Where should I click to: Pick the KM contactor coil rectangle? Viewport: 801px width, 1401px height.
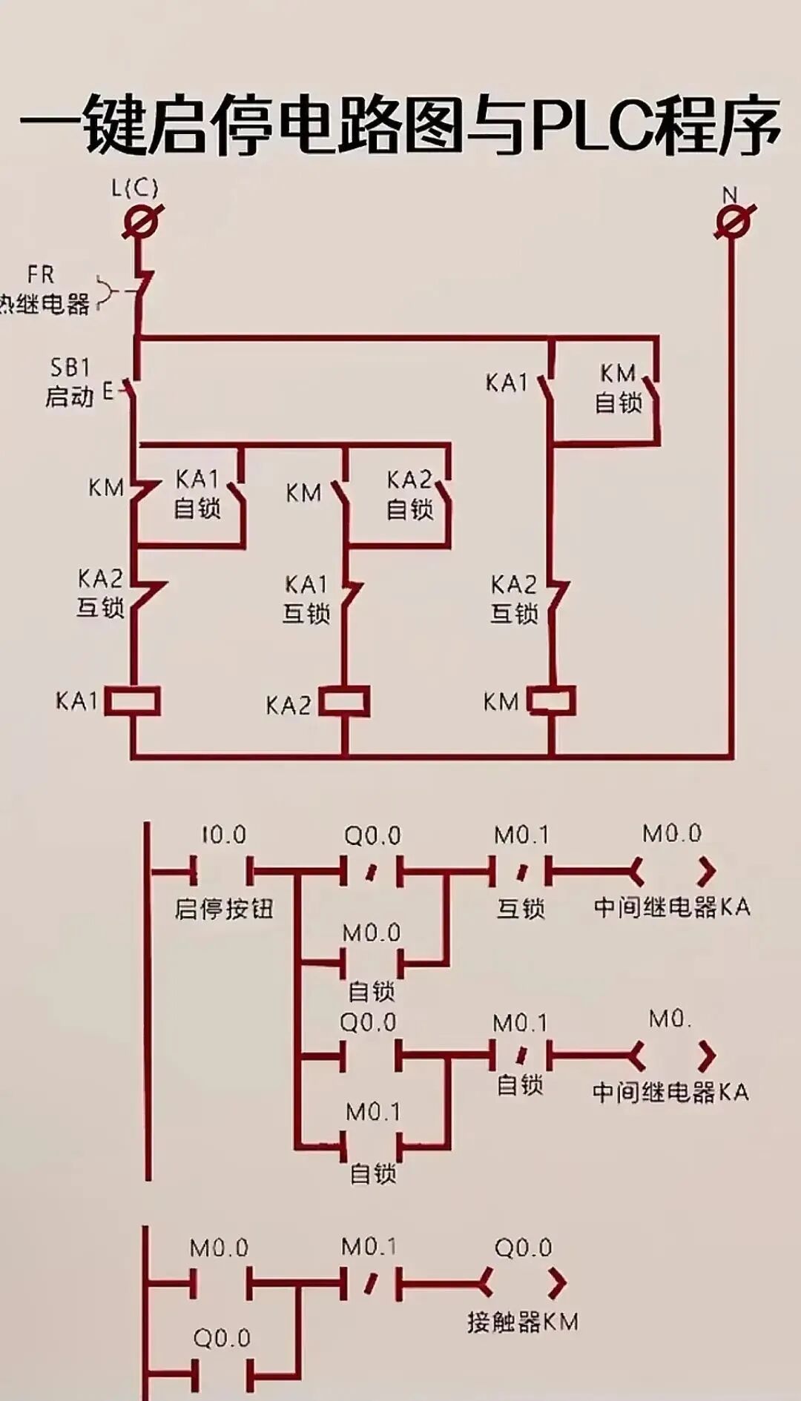pyautogui.click(x=553, y=701)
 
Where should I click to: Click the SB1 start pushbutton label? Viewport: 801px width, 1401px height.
pyautogui.click(x=70, y=368)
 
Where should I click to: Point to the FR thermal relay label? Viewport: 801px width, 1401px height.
pyautogui.click(x=41, y=275)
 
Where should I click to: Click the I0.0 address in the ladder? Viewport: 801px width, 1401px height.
pyautogui.click(x=223, y=835)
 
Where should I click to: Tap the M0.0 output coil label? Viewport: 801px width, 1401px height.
pyautogui.click(x=672, y=834)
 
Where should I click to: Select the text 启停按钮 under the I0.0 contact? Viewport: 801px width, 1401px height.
pyautogui.click(x=223, y=909)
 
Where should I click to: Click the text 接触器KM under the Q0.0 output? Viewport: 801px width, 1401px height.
pyautogui.click(x=523, y=1322)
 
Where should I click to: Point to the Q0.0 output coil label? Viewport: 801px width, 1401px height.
pyautogui.click(x=523, y=1248)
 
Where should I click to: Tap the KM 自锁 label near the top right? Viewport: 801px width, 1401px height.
pyautogui.click(x=618, y=388)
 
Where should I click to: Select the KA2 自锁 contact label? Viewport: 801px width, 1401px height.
pyautogui.click(x=409, y=494)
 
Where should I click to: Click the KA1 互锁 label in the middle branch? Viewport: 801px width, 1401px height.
pyautogui.click(x=306, y=599)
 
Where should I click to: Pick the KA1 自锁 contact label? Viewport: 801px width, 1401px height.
pyautogui.click(x=197, y=494)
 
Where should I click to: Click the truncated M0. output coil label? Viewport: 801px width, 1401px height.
pyautogui.click(x=670, y=1019)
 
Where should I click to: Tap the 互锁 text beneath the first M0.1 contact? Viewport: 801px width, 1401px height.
pyautogui.click(x=521, y=909)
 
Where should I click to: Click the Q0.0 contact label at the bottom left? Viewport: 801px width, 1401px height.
pyautogui.click(x=222, y=1338)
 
